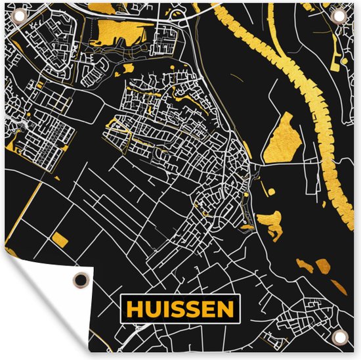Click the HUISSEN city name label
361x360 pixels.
pos(180,308)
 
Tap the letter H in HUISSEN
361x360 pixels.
pos(134,308)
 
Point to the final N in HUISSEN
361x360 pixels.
pos(225,308)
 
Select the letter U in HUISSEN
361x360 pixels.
pos(150,308)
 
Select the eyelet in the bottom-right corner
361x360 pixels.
pos(340,338)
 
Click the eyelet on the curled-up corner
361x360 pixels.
pos(80,279)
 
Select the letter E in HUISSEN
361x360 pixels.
pos(209,308)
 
